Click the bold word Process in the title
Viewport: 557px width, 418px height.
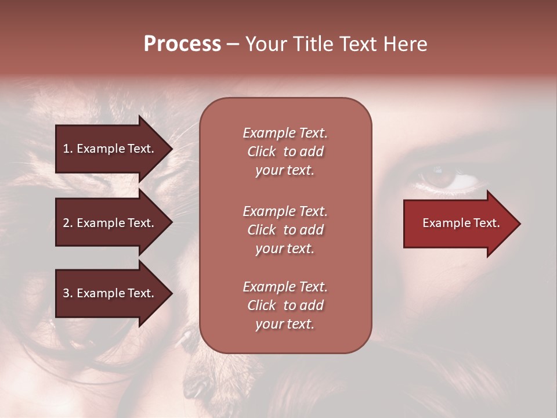coord(182,44)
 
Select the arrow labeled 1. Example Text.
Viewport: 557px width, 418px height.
coord(110,149)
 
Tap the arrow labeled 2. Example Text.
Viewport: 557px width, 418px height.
coord(110,223)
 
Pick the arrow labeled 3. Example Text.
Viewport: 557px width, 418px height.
coord(110,293)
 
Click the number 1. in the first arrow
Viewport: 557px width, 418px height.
coord(68,149)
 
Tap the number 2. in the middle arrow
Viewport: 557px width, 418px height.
coord(68,223)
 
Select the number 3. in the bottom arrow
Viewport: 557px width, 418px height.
coord(68,293)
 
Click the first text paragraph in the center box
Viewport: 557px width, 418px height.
coord(285,152)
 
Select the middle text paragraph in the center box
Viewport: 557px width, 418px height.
coord(285,230)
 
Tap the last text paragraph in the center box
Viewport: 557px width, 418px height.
coord(285,305)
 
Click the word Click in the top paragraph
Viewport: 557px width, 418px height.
coord(262,152)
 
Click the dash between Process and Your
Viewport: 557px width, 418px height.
coord(233,44)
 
